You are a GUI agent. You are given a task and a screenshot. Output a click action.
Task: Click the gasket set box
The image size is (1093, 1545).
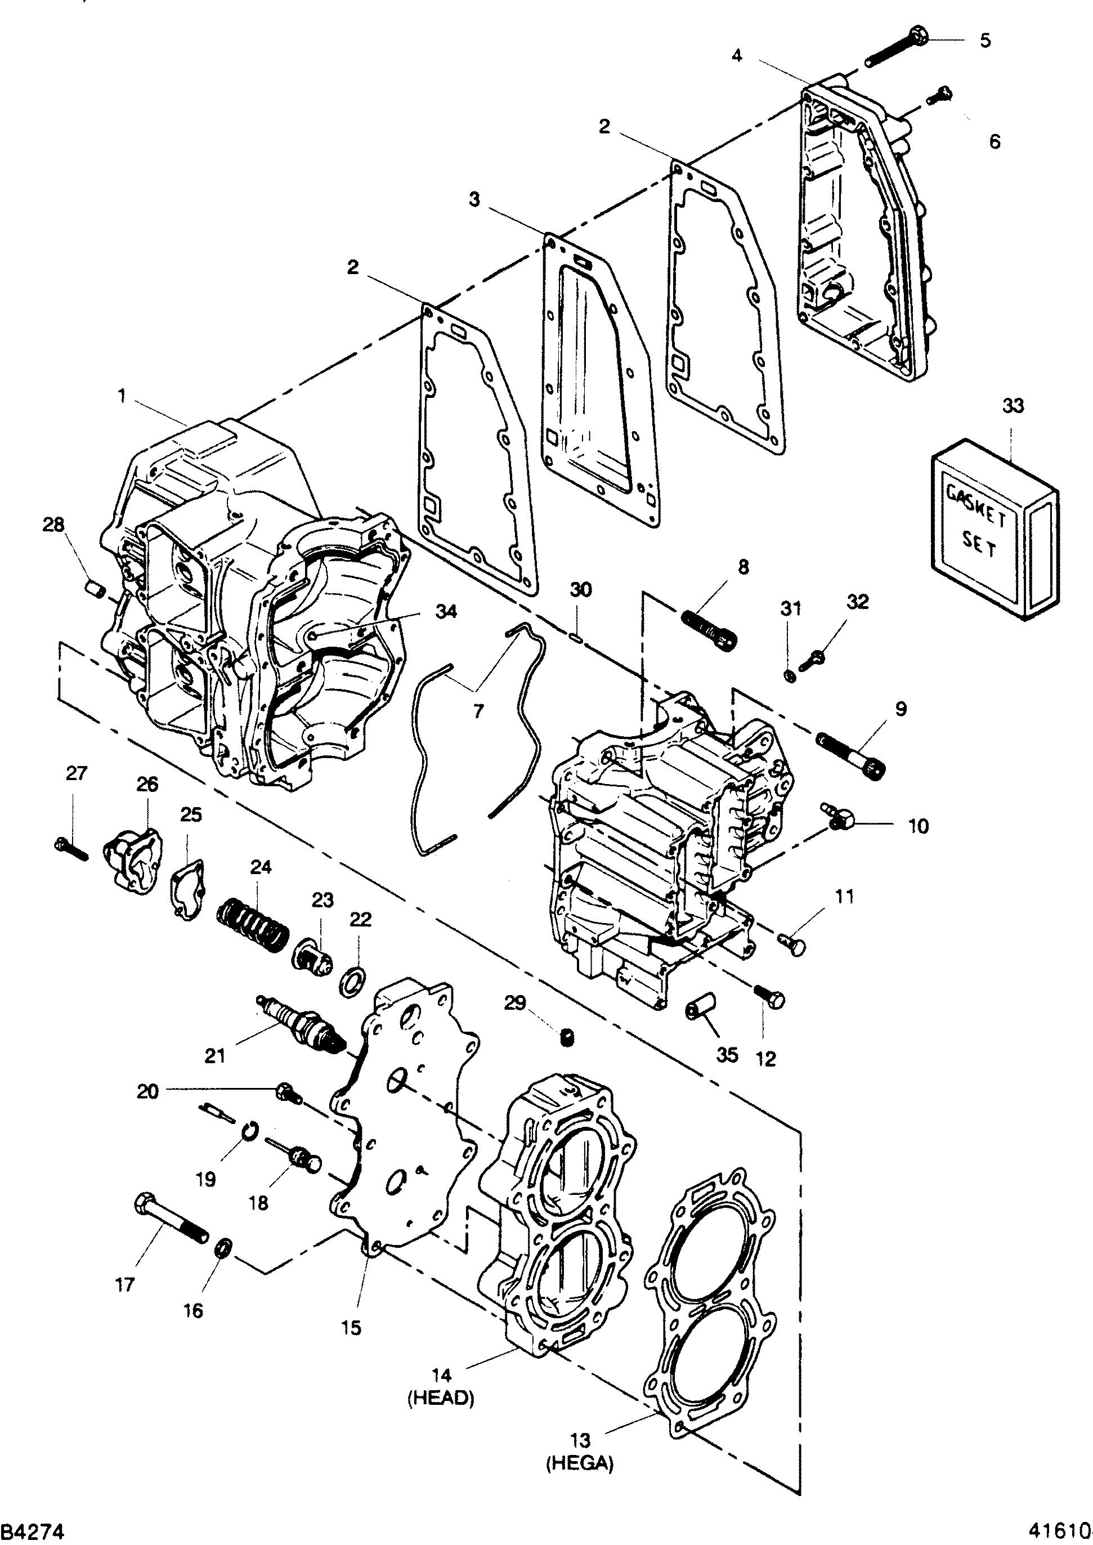pyautogui.click(x=995, y=529)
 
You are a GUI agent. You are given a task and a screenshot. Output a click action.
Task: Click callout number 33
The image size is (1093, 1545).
pyautogui.click(x=1013, y=406)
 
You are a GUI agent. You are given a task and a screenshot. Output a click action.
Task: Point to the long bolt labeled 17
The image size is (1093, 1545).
pyautogui.click(x=171, y=1219)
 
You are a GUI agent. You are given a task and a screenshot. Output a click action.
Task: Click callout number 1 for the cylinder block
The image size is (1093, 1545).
pyautogui.click(x=122, y=396)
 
